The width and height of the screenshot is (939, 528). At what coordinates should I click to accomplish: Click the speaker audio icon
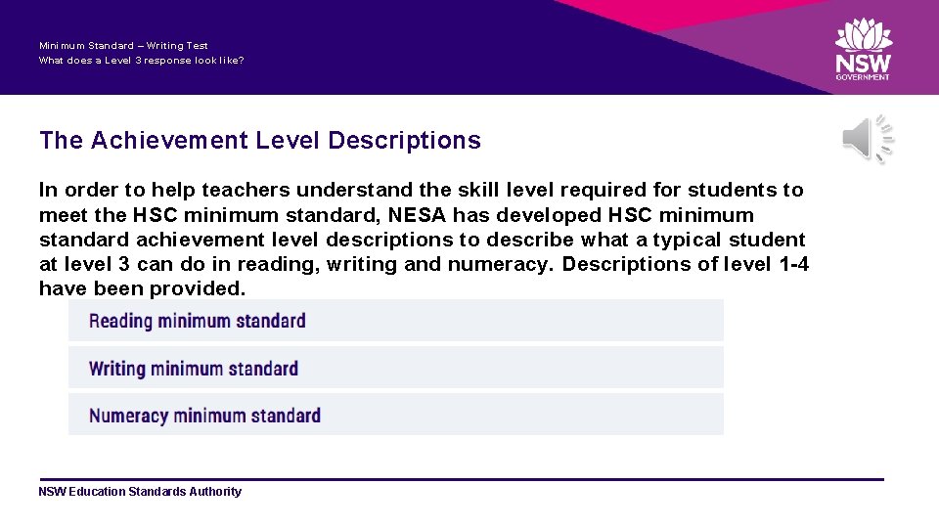[x=867, y=140]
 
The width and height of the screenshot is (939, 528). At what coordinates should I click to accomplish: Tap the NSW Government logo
[x=863, y=49]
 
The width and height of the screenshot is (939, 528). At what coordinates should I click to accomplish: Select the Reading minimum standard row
[x=395, y=321]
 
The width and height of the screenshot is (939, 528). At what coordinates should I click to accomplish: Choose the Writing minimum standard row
[x=395, y=369]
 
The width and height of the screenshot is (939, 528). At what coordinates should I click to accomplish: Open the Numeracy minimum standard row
[x=395, y=416]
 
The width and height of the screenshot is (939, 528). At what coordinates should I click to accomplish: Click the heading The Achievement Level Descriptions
[x=260, y=141]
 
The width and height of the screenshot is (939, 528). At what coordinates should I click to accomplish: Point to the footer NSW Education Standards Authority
[x=140, y=492]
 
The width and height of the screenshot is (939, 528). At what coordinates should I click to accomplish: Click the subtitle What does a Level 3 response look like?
[x=142, y=61]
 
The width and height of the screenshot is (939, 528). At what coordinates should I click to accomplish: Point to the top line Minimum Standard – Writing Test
[x=123, y=46]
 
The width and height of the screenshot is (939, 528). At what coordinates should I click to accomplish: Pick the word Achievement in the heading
[x=170, y=141]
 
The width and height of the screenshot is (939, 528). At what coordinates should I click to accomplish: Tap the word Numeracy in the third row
[x=129, y=416]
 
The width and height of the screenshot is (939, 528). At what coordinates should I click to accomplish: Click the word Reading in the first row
[x=120, y=321]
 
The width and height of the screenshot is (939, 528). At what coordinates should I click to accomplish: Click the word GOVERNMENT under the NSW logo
[x=863, y=77]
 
